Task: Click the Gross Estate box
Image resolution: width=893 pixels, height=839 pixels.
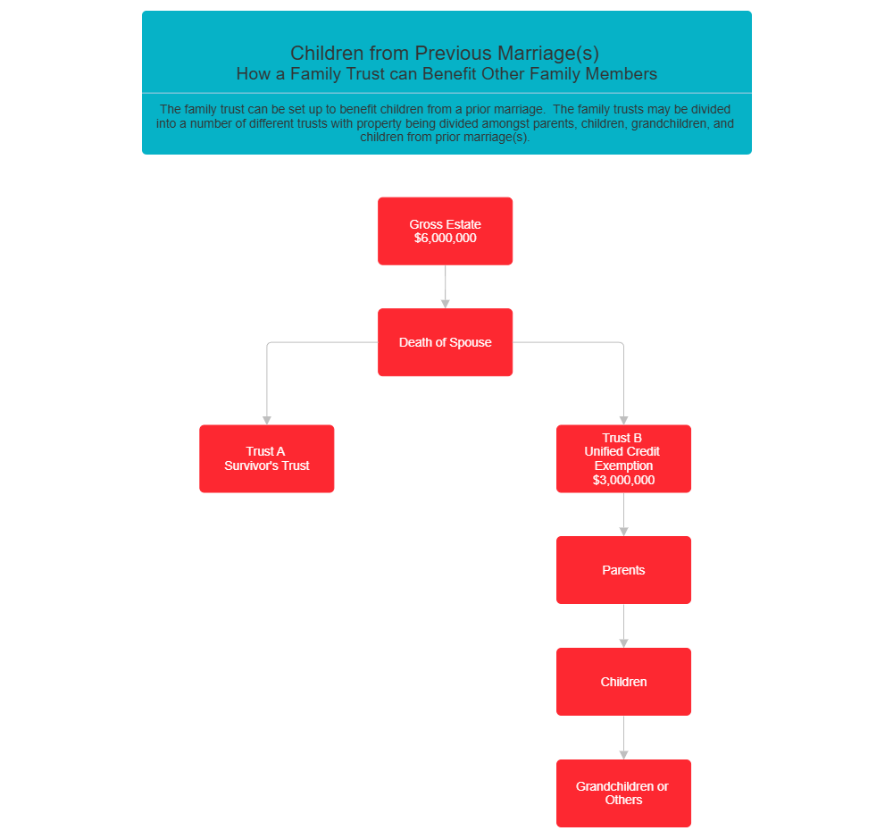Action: coord(445,231)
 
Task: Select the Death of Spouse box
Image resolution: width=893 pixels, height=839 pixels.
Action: coord(445,342)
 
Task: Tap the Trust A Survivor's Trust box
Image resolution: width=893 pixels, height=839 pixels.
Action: coord(266,458)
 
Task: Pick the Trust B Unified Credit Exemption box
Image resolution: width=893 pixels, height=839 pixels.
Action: coord(623,458)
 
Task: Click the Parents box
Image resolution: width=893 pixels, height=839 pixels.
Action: coord(623,570)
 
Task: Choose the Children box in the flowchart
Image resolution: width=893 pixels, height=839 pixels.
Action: coord(623,682)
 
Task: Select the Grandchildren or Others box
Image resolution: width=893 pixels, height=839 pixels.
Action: coord(623,793)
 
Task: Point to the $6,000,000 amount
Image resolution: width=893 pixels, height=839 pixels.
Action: coord(445,239)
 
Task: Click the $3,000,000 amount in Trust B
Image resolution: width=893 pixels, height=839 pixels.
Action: coord(623,480)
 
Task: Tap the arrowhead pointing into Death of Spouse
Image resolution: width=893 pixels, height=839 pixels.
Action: coord(445,304)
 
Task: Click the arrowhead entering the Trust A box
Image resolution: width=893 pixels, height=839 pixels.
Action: coord(266,420)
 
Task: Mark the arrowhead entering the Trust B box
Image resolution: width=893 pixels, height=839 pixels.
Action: coord(623,420)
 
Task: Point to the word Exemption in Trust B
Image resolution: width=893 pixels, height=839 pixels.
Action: coord(623,466)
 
